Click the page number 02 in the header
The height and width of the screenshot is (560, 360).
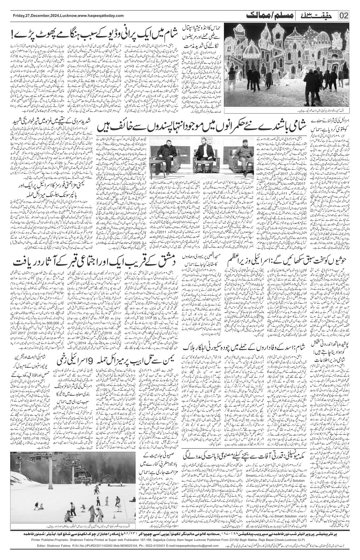(344, 16)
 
